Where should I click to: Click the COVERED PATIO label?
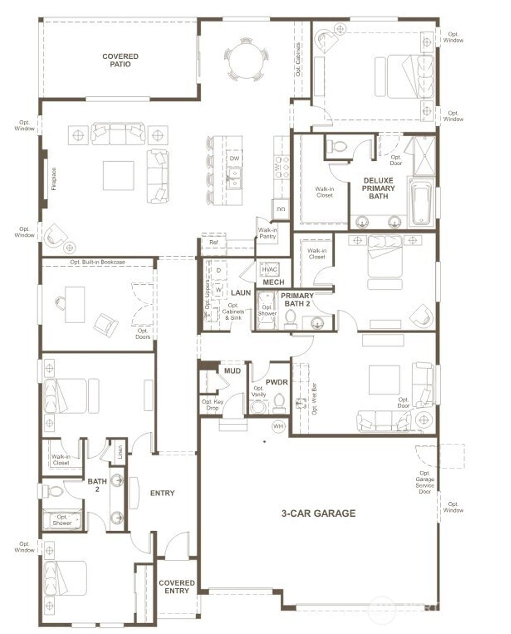[x=120, y=60]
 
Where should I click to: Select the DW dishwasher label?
[x=234, y=159]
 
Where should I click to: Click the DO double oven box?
[x=281, y=209]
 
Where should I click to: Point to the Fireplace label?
[x=53, y=179]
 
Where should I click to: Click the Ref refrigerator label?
[x=214, y=242]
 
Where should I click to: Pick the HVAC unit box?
[x=270, y=270]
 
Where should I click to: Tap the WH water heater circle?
[x=278, y=426]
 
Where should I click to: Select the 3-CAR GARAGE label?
[x=318, y=513]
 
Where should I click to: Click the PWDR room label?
[x=277, y=382]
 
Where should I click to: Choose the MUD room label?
[x=232, y=371]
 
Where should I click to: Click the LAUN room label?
[x=241, y=293]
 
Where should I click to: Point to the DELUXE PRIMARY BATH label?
[x=379, y=188]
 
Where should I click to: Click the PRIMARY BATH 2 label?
[x=297, y=299]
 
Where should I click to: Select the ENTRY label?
[x=162, y=493]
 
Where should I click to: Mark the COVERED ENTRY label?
[x=177, y=587]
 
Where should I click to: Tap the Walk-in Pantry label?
[x=267, y=233]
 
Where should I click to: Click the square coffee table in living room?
[x=119, y=175]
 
